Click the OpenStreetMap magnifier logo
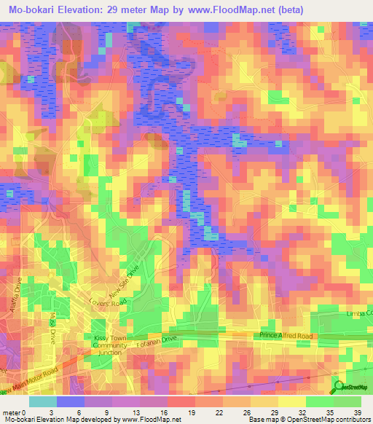339,386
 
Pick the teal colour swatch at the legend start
42,401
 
